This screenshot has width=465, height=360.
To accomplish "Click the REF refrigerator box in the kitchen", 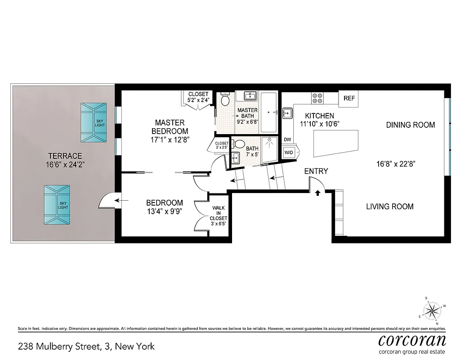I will [x=349, y=99].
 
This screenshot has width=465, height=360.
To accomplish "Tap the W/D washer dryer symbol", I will [x=288, y=153].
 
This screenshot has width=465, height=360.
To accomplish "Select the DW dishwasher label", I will [x=287, y=139].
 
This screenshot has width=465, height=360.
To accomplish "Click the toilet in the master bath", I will [x=225, y=99].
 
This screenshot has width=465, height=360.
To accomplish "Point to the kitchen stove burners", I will [x=318, y=98].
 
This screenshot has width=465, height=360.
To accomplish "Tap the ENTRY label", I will [x=316, y=171].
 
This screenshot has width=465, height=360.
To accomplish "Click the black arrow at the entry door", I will [x=318, y=193].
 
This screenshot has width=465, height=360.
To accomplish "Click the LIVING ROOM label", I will [x=389, y=207].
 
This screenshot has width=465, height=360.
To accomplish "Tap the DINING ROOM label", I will [x=410, y=125].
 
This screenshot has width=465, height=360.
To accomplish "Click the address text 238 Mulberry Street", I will [x=86, y=346].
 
